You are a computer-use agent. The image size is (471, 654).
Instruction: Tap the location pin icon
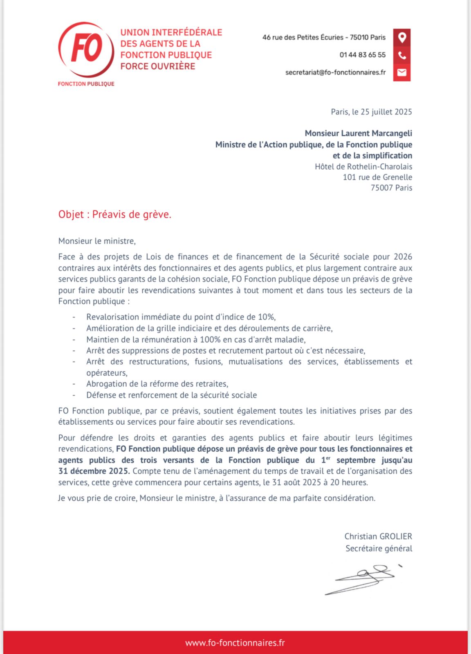[402, 37]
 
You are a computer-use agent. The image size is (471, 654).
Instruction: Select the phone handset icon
[402, 55]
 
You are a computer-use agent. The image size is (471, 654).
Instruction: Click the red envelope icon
[402, 72]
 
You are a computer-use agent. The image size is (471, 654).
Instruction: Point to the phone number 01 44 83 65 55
[362, 55]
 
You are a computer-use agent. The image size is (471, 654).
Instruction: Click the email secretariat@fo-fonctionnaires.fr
[335, 72]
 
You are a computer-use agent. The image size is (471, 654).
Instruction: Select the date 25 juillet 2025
[386, 112]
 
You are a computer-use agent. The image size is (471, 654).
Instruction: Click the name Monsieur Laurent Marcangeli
[358, 133]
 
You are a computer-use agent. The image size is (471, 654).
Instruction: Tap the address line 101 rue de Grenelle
[377, 177]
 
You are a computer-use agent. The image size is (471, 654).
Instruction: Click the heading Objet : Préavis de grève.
[115, 214]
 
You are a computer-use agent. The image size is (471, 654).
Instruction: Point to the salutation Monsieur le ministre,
[97, 241]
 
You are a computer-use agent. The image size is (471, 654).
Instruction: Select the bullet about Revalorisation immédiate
[181, 317]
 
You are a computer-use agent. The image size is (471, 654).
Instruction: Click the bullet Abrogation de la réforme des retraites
[157, 383]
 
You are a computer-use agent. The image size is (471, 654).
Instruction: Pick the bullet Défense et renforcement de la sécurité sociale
[171, 395]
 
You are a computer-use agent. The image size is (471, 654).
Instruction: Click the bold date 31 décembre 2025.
[94, 471]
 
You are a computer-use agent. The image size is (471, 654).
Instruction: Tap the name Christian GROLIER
[378, 536]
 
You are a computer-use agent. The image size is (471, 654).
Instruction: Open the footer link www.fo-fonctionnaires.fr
[235, 643]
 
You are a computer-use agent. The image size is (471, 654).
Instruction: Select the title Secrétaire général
[379, 548]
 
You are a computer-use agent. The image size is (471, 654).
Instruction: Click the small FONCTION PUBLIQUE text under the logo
[86, 84]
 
